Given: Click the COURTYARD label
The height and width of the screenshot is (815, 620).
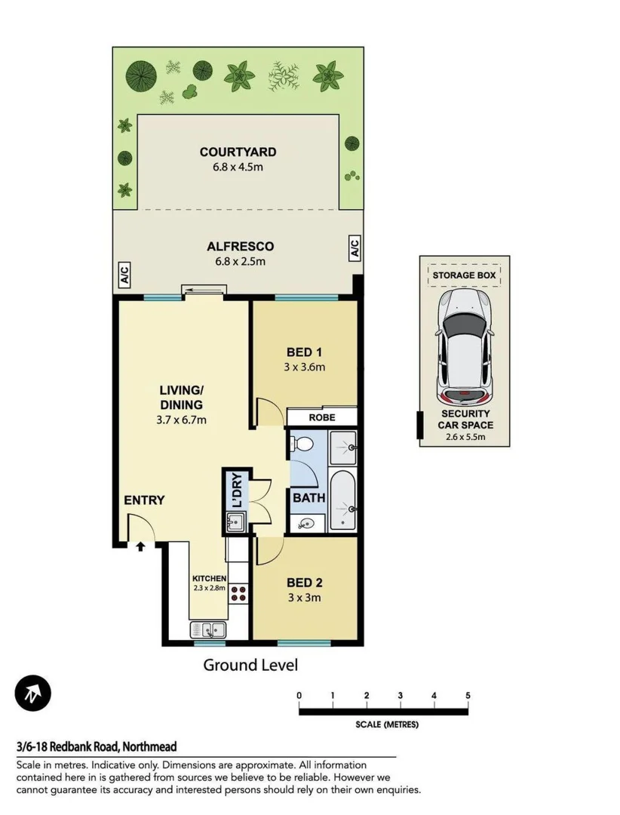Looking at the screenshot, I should (238, 152).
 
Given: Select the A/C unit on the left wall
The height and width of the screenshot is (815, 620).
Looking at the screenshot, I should (124, 275).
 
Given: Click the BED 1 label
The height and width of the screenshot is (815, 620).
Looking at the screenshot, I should (305, 352).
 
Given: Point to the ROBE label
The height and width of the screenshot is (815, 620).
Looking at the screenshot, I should (322, 417).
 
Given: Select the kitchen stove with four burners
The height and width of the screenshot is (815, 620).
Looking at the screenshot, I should (239, 594).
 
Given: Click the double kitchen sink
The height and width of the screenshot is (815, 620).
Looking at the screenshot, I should (206, 629).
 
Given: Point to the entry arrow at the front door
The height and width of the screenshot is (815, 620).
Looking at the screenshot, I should (140, 546).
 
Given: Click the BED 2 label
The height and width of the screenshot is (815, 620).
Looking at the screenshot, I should (305, 583).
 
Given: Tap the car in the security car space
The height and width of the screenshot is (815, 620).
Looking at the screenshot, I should (465, 346).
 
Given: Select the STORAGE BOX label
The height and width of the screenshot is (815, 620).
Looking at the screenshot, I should (464, 275).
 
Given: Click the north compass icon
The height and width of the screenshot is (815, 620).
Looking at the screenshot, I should (32, 692).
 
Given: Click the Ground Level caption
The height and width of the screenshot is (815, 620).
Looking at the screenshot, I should (250, 665).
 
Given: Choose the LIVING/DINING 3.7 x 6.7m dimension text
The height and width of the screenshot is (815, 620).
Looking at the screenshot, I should (181, 420).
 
